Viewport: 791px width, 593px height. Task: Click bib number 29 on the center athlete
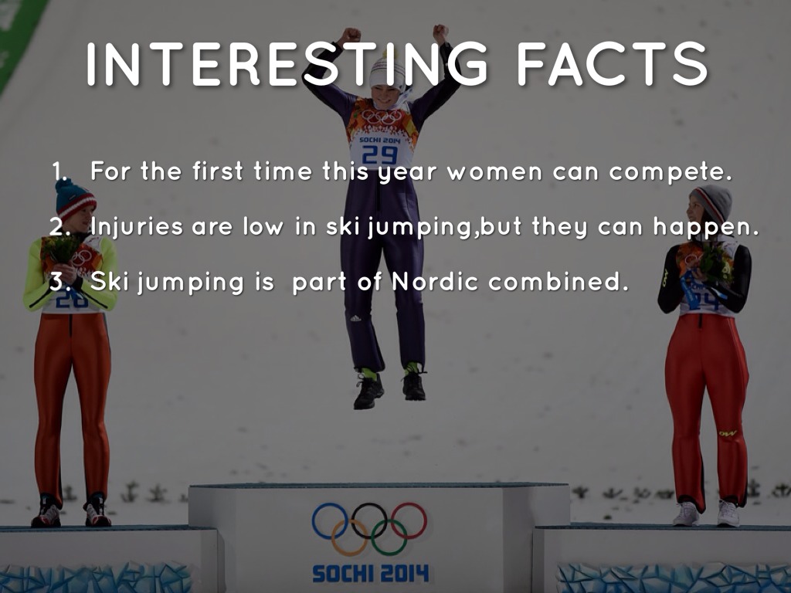380,154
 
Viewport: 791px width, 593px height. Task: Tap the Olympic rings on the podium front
369,528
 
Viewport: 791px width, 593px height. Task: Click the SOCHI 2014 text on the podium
370,574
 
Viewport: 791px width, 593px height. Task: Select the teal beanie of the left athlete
75,199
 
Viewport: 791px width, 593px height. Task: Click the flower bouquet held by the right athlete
715,263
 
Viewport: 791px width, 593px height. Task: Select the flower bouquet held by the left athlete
63,249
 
